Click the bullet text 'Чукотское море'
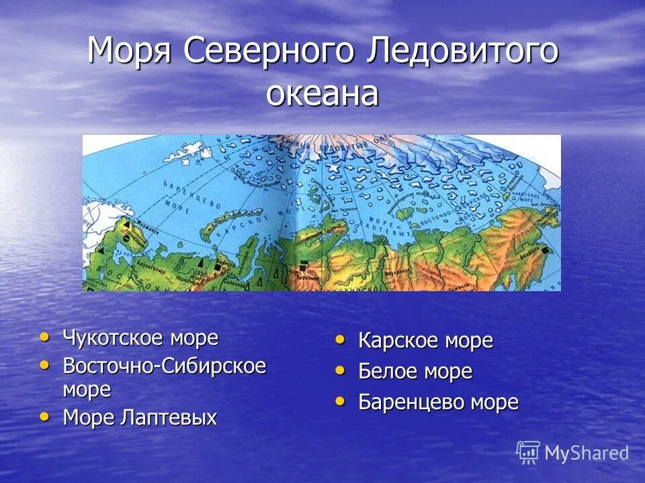[140, 338]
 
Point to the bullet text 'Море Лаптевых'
[140, 418]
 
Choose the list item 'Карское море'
[425, 341]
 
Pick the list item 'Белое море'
[415, 372]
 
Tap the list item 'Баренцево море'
[438, 402]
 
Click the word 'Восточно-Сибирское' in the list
[164, 366]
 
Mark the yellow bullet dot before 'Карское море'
[341, 340]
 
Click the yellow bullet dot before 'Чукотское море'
[45, 337]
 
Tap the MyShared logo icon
[527, 452]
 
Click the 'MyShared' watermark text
[587, 453]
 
